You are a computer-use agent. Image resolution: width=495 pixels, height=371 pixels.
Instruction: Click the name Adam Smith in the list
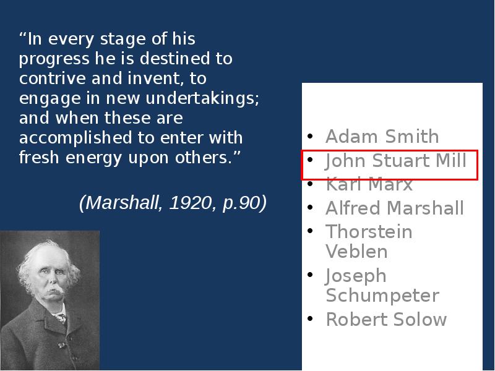(382, 136)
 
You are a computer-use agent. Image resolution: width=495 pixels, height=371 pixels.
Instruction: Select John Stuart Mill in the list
(395, 161)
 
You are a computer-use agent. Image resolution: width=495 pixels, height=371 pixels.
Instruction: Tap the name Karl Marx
(369, 184)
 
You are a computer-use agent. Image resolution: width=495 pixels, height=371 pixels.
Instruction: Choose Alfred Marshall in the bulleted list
(395, 208)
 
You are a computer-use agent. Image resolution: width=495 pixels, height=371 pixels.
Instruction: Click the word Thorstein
(369, 231)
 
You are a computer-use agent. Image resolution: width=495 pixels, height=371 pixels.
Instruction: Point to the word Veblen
(356, 252)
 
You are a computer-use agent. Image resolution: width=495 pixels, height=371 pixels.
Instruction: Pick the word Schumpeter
(382, 296)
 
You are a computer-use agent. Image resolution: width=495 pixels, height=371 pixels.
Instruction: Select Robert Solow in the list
(386, 319)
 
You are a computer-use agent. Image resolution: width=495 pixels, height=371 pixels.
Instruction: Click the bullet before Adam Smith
(310, 136)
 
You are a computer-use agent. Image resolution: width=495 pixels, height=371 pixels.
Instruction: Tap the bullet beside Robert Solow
(310, 318)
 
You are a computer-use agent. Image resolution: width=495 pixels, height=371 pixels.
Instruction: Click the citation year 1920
(191, 203)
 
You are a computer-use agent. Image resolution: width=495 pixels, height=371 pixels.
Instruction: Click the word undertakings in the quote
(202, 98)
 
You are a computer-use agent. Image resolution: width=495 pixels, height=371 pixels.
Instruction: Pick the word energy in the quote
(93, 158)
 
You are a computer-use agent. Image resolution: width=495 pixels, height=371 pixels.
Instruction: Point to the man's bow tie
(61, 317)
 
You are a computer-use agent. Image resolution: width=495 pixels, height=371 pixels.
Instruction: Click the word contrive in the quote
(53, 79)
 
